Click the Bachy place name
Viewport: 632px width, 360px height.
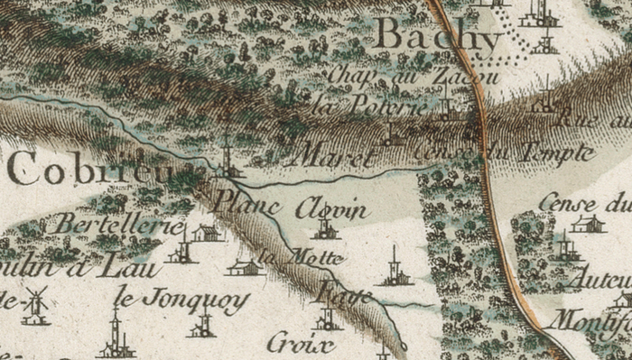[437, 38]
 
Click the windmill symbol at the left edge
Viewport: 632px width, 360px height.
[35, 304]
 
